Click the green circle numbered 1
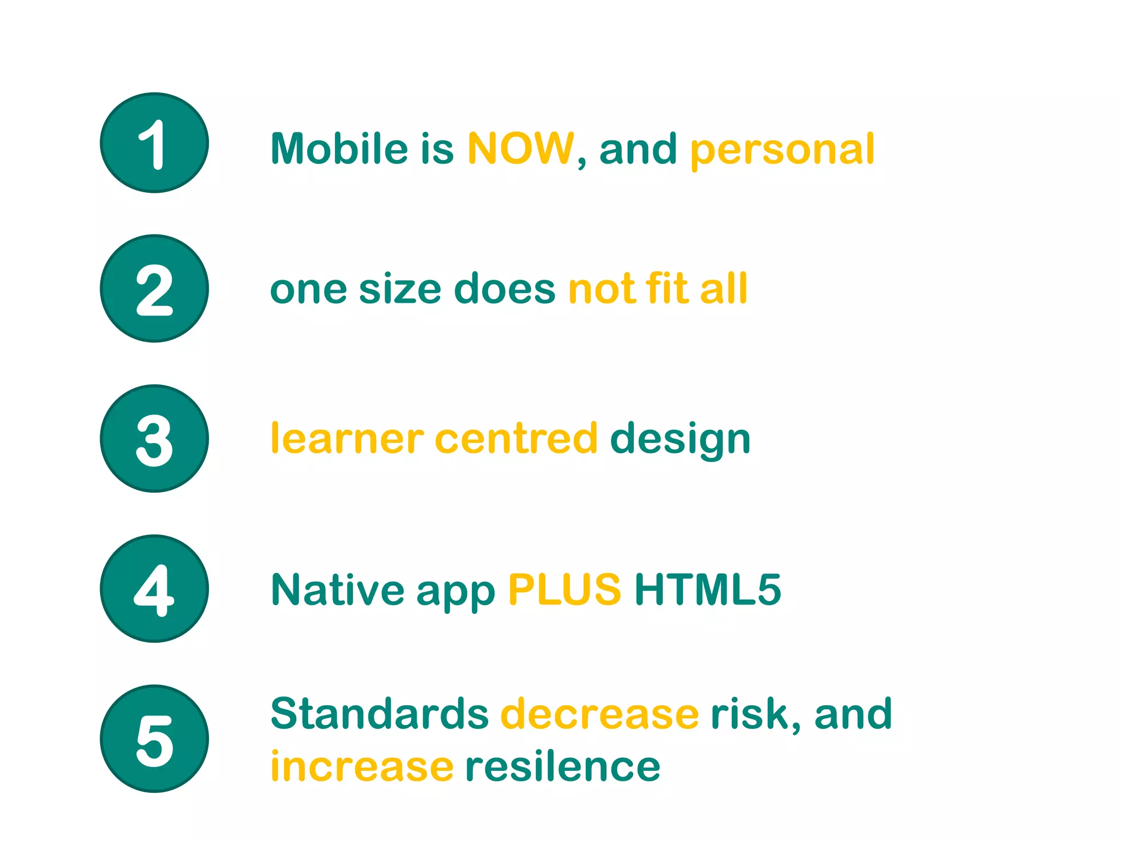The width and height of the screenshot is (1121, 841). click(x=154, y=143)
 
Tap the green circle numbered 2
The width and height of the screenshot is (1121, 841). click(x=154, y=289)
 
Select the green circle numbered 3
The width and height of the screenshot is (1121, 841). click(x=154, y=439)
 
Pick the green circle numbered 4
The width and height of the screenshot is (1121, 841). click(x=154, y=589)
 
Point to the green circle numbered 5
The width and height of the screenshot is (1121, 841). click(x=154, y=739)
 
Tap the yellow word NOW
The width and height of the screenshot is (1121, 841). click(x=521, y=148)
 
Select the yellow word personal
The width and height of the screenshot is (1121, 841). click(x=782, y=149)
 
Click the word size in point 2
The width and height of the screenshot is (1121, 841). click(x=400, y=289)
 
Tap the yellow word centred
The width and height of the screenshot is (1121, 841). click(x=516, y=439)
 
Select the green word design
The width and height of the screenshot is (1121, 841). click(x=680, y=440)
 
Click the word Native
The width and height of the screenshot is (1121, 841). click(x=338, y=590)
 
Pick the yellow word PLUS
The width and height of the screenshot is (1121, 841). click(x=564, y=590)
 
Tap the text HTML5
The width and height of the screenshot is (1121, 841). click(x=708, y=590)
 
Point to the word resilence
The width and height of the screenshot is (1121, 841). click(x=563, y=766)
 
